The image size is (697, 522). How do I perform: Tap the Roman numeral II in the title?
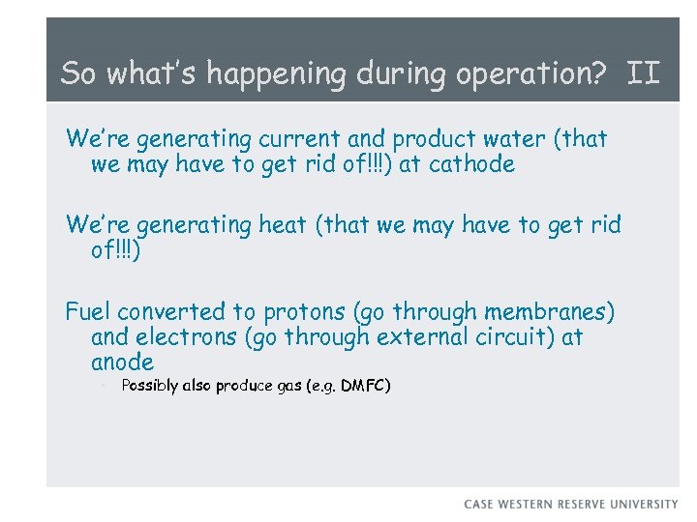click(644, 72)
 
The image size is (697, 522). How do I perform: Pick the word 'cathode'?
click(471, 164)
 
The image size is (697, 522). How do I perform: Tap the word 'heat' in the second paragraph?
click(285, 225)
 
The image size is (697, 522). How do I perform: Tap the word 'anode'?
click(122, 362)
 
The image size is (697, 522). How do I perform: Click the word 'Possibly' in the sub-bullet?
click(150, 387)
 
